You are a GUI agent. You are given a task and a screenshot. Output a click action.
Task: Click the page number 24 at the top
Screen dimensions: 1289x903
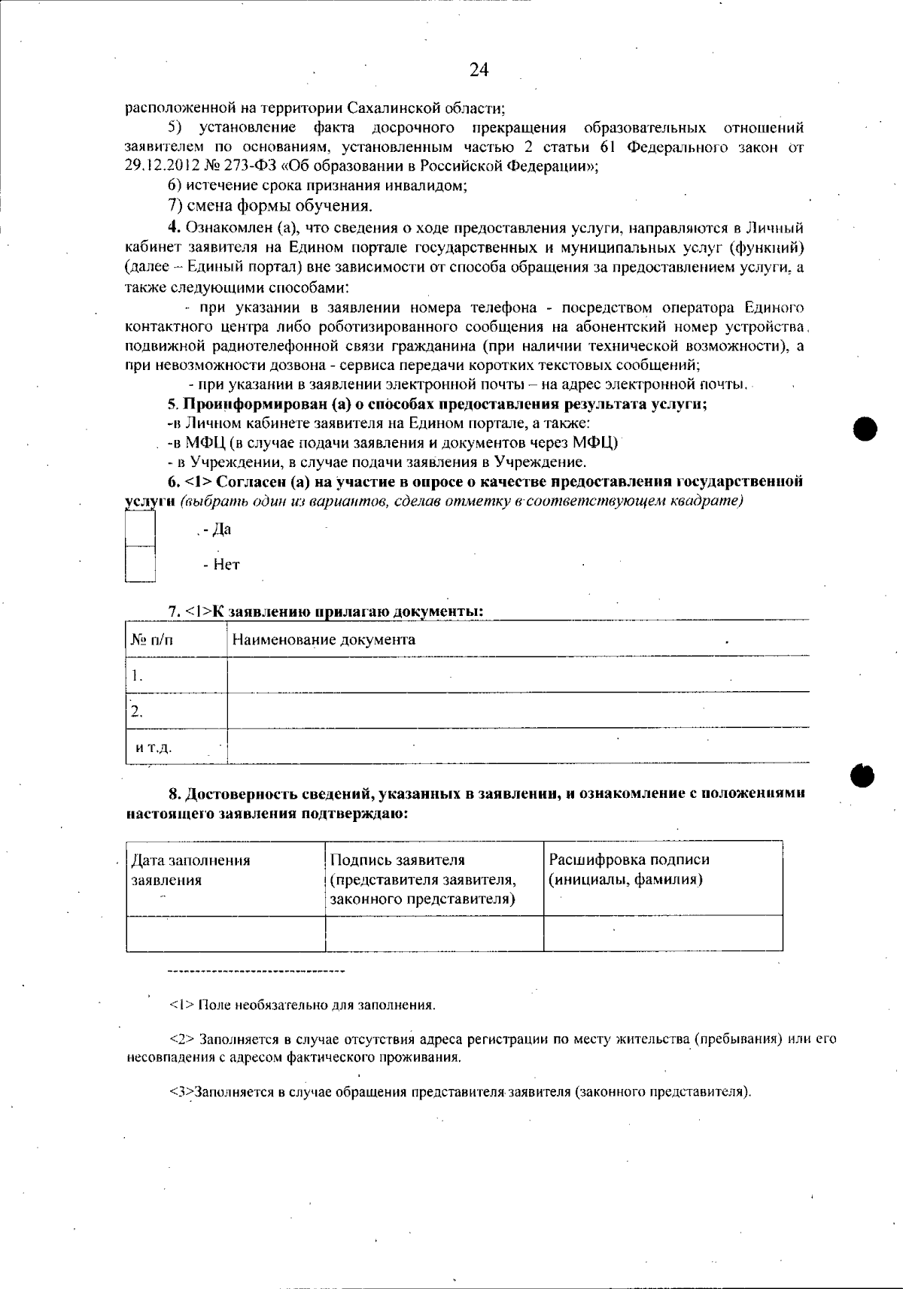coord(479,70)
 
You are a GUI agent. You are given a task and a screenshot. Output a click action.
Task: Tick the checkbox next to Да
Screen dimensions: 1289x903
coord(140,529)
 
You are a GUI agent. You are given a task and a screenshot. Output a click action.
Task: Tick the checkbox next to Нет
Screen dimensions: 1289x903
coord(140,564)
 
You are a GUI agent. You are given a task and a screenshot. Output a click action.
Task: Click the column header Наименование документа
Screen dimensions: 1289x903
coord(324,640)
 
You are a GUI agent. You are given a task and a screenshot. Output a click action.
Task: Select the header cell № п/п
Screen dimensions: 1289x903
coord(151,640)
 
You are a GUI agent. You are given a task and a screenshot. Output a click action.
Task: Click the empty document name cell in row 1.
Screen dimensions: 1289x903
coord(518,675)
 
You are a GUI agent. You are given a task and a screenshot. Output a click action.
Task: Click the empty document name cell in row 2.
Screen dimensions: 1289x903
coord(518,710)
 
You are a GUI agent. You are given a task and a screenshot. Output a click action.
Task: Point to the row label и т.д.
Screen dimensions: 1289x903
coord(154,748)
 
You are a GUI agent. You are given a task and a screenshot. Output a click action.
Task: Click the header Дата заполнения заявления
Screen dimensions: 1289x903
coord(190,870)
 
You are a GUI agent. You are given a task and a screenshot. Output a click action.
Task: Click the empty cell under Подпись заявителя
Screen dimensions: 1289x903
coord(434,933)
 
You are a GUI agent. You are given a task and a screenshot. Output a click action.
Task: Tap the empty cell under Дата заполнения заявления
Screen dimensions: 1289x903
coord(226,933)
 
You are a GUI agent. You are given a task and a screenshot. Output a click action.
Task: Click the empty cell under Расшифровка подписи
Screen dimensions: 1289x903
coord(662,933)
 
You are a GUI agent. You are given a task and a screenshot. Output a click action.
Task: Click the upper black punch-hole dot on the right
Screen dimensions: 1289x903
coord(866,429)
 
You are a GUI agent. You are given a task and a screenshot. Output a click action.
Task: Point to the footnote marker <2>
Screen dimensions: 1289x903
coord(183,1039)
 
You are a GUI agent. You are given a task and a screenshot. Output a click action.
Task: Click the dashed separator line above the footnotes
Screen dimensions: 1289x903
coord(256,972)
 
